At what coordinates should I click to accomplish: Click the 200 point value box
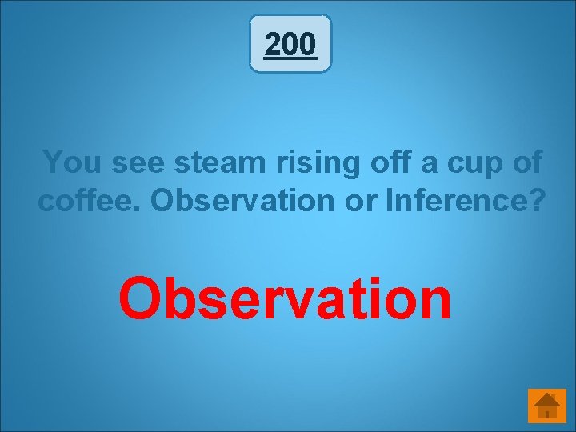(290, 44)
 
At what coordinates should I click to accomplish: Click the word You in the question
(74, 162)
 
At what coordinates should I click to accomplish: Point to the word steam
(218, 162)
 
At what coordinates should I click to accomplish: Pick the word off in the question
(378, 162)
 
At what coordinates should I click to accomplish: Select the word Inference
(456, 201)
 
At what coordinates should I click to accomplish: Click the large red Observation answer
(285, 298)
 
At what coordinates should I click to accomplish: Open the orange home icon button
(547, 406)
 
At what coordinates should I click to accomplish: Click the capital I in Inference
(390, 201)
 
